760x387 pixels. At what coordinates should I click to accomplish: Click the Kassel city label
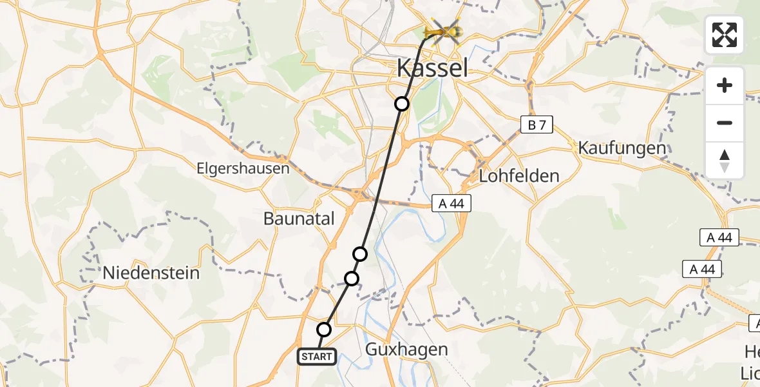click(x=432, y=67)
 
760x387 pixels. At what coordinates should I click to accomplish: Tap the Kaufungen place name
click(x=622, y=148)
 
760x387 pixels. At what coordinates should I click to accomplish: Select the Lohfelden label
click(x=518, y=175)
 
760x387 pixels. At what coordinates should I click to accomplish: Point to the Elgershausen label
click(x=243, y=169)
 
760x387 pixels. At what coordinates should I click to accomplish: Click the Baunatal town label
click(x=299, y=219)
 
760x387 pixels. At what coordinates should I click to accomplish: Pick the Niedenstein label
click(x=151, y=273)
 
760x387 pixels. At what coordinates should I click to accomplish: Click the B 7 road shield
click(x=536, y=125)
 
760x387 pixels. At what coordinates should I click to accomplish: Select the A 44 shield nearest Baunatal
click(x=451, y=204)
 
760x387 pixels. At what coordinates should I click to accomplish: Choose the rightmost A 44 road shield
click(x=719, y=237)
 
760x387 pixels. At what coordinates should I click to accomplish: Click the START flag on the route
click(x=316, y=356)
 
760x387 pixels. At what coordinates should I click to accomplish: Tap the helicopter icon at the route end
click(x=444, y=30)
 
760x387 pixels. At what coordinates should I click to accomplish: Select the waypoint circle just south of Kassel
click(x=402, y=104)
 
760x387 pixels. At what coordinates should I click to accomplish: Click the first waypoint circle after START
click(x=324, y=330)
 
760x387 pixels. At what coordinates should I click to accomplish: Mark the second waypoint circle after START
click(x=352, y=279)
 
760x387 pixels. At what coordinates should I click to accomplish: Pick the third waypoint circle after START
click(x=361, y=254)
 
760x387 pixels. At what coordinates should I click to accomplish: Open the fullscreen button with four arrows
click(x=725, y=35)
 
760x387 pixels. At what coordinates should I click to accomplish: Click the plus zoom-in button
click(x=725, y=86)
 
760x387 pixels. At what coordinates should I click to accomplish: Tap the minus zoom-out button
click(x=725, y=123)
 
